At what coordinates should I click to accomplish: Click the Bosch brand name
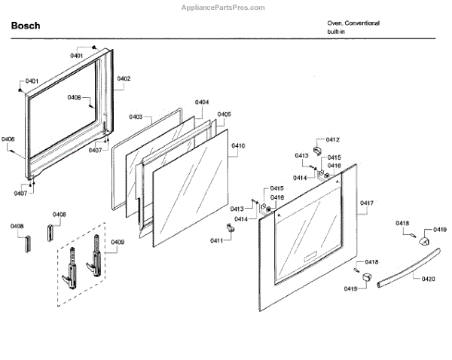(26, 26)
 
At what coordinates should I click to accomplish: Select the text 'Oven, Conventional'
(353, 23)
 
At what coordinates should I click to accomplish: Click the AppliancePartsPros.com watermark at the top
(226, 7)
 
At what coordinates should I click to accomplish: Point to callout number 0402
(124, 78)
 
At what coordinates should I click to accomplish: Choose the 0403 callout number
(136, 117)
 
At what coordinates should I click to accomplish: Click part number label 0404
(202, 102)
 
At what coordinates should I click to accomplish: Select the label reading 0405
(224, 114)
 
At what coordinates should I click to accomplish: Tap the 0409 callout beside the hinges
(118, 242)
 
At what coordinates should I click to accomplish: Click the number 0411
(216, 240)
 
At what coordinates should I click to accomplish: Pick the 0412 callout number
(332, 140)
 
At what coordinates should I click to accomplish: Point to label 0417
(367, 203)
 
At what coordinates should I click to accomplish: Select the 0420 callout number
(428, 279)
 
